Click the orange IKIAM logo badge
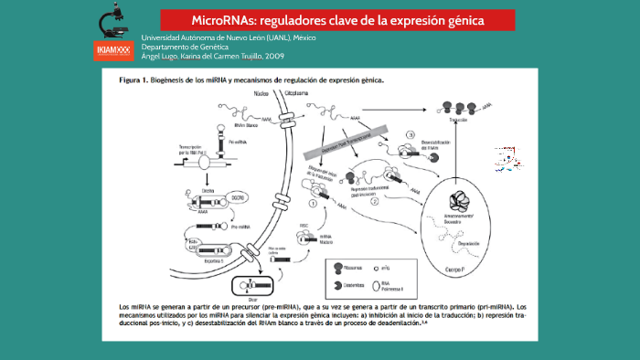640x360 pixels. pyautogui.click(x=112, y=50)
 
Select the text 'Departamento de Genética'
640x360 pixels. pyautogui.click(x=185, y=47)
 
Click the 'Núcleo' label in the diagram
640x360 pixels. pyautogui.click(x=262, y=93)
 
